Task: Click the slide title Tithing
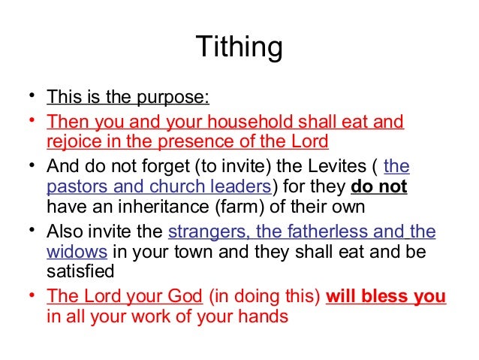click(239, 47)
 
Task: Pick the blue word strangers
click(206, 231)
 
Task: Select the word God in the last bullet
click(185, 296)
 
